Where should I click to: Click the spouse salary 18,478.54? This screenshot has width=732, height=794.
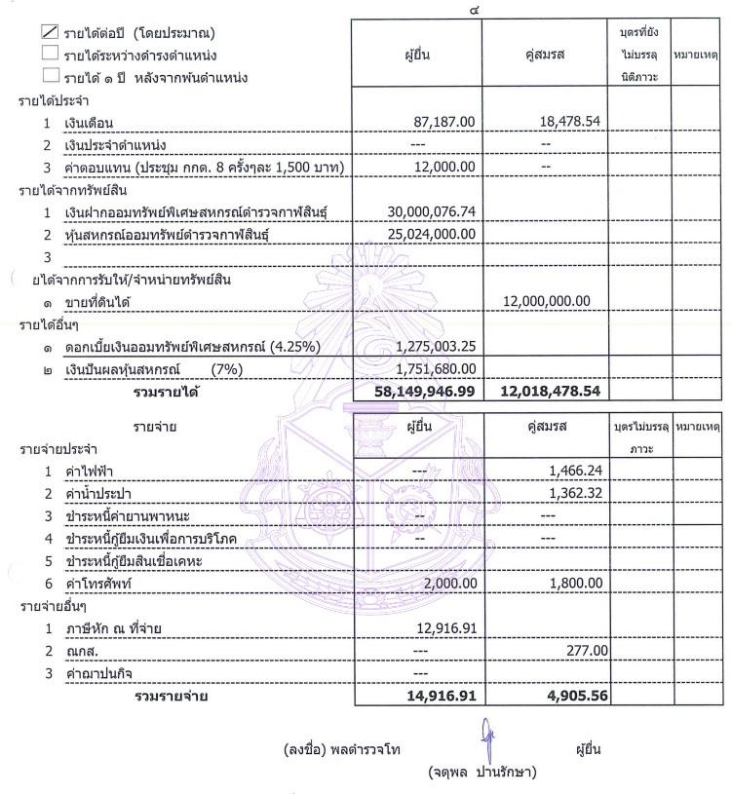559,124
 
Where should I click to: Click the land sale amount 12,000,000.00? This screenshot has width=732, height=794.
545,302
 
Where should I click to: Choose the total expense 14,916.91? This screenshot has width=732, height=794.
440,697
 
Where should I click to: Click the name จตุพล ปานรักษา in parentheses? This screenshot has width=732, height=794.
484,773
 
